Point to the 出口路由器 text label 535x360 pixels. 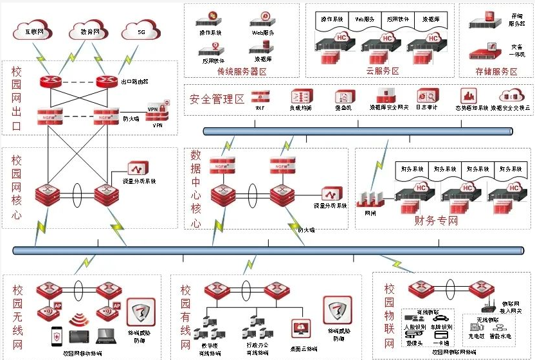[135, 82]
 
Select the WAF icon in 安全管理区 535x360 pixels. [260, 96]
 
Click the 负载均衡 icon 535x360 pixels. [301, 96]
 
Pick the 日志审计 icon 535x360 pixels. [427, 96]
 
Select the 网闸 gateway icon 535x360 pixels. [370, 195]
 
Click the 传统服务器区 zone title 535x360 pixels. [242, 71]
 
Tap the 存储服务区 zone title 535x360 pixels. [496, 71]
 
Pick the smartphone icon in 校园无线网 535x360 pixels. [56, 336]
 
